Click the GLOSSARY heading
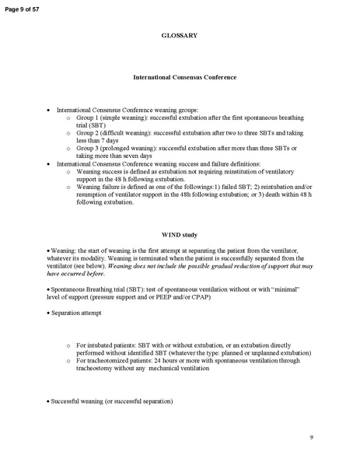coord(179,36)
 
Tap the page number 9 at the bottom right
coord(311,438)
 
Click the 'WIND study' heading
coord(179,234)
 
